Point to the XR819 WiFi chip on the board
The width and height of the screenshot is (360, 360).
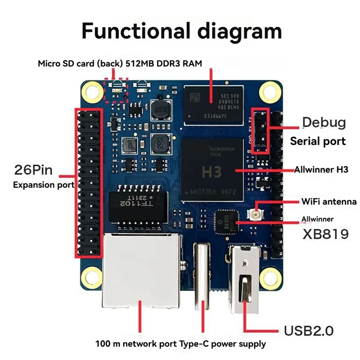pos(226,222)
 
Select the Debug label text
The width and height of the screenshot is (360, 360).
pos(324,122)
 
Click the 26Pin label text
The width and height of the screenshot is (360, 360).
pos(34,170)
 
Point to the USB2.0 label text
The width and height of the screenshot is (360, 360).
pos(309,331)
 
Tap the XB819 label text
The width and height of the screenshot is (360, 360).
pos(325,234)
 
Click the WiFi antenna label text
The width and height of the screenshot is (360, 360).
pos(329,202)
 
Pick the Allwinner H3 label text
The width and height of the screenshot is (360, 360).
pos(319,170)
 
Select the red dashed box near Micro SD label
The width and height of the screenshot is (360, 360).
pos(116,90)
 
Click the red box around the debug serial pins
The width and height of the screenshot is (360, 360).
pos(260,130)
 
